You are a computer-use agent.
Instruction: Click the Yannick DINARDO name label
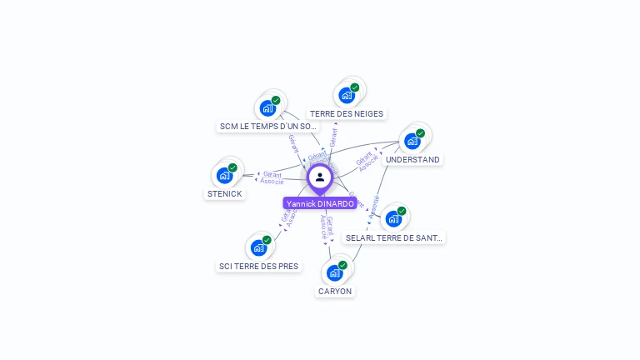tap(320, 203)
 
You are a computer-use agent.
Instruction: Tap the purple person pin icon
tap(319, 177)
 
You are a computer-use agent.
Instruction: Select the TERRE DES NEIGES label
tap(347, 113)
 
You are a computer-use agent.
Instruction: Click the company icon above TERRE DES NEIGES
tap(346, 95)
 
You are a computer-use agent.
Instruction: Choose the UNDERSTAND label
tap(412, 159)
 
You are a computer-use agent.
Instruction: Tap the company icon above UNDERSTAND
tap(412, 141)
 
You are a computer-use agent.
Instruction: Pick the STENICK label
tap(224, 193)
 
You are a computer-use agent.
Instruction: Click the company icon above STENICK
tap(224, 175)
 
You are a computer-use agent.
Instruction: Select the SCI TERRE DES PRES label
tap(258, 266)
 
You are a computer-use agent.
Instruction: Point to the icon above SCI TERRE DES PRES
tap(258, 247)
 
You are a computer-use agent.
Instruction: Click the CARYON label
tap(335, 291)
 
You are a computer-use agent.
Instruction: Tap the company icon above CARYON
tap(334, 272)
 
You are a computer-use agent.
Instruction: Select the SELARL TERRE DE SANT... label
tap(394, 237)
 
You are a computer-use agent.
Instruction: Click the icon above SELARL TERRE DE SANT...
tap(393, 218)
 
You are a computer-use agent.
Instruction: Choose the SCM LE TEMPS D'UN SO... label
tap(267, 126)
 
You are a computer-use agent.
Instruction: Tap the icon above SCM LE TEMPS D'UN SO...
tap(267, 107)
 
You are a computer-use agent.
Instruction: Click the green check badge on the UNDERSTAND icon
tap(420, 133)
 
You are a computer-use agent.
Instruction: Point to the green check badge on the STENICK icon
tap(232, 167)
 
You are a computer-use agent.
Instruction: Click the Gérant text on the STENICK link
tap(272, 173)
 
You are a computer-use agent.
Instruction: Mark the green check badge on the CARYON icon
tap(342, 265)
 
